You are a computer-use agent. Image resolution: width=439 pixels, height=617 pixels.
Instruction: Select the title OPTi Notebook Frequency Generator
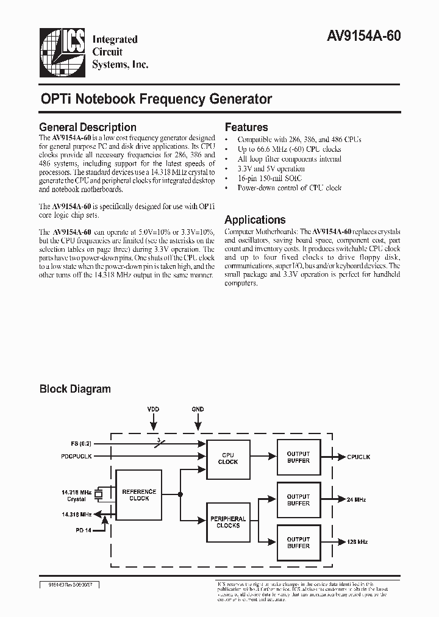coord(155,99)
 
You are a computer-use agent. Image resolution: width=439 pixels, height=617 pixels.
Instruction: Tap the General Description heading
coord(87,127)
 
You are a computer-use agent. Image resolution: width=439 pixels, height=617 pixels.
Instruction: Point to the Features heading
coord(246,127)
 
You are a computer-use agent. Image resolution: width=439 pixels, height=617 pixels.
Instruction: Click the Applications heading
coord(255,219)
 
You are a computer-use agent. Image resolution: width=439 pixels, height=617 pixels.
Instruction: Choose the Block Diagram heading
coord(75,388)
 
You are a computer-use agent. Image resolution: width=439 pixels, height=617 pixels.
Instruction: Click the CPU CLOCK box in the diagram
coord(228,458)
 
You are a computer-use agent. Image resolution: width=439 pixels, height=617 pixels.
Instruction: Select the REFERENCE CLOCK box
coord(139,494)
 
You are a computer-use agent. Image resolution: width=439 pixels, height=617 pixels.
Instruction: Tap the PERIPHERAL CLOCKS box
coord(228,522)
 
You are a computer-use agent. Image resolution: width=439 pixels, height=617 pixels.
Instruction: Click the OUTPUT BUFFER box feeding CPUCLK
coord(298,457)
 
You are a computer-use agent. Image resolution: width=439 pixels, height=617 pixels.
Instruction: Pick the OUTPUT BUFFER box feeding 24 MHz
coord(298,500)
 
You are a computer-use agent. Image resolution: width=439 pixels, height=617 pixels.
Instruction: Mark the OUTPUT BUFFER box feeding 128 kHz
coord(298,542)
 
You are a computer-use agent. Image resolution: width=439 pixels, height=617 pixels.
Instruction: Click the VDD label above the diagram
coord(154,409)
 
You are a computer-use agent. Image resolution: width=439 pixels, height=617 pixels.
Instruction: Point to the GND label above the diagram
coord(198,409)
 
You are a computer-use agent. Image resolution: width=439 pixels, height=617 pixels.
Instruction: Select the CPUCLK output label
coord(359,457)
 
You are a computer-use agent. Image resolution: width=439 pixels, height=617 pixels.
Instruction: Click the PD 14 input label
coord(83,529)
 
